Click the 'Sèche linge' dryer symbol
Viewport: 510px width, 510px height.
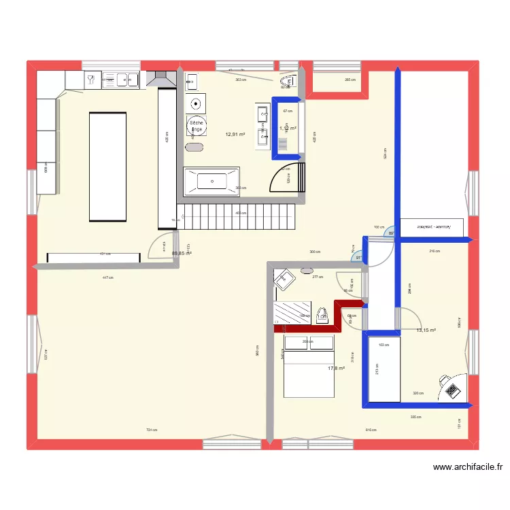pos(197,125)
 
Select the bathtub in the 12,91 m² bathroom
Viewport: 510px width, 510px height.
pos(211,181)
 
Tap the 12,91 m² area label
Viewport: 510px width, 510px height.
pos(235,134)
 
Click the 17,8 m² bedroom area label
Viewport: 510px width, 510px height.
pos(336,368)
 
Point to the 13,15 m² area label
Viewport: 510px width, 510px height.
pos(426,330)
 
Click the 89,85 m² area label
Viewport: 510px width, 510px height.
pos(182,254)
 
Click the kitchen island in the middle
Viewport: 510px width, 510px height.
pos(108,167)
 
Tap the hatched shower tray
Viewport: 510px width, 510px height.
pos(292,312)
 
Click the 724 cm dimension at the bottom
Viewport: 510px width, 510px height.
pos(152,430)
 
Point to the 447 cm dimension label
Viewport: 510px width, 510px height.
pos(107,277)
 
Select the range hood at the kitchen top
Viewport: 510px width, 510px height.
pos(162,80)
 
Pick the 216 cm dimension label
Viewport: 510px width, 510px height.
pos(435,251)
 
